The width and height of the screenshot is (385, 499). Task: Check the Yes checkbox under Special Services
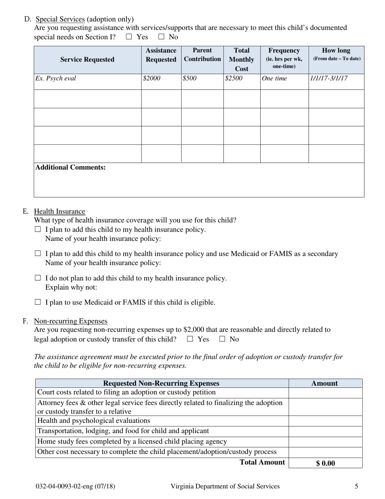pyautogui.click(x=129, y=37)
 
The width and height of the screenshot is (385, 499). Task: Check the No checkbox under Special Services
pyautogui.click(x=161, y=37)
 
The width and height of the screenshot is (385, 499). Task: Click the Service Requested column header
pyautogui.click(x=87, y=60)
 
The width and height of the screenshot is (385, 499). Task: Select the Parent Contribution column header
pyautogui.click(x=202, y=55)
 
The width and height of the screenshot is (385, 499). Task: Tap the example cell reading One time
pyautogui.click(x=274, y=78)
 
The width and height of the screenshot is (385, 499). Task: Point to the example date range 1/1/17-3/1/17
pyautogui.click(x=329, y=78)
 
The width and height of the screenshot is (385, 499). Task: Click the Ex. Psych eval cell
pyautogui.click(x=56, y=78)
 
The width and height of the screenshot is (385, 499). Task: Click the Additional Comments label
pyautogui.click(x=71, y=168)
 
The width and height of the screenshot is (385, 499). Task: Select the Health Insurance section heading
pyautogui.click(x=60, y=211)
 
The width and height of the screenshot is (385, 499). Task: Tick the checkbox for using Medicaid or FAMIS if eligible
pyautogui.click(x=38, y=302)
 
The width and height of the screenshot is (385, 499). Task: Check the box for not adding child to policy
pyautogui.click(x=38, y=278)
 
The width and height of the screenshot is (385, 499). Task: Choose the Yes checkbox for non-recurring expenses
pyautogui.click(x=190, y=339)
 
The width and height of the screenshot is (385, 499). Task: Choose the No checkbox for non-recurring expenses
pyautogui.click(x=222, y=339)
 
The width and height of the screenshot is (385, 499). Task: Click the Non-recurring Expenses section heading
pyautogui.click(x=71, y=321)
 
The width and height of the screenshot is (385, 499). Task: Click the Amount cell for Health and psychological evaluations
pyautogui.click(x=325, y=421)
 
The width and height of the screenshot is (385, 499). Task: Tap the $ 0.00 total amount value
pyautogui.click(x=325, y=463)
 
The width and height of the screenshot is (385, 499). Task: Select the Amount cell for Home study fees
pyautogui.click(x=325, y=442)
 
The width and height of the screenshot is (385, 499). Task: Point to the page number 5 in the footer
pyautogui.click(x=356, y=486)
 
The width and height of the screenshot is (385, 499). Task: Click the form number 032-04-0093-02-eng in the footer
pyautogui.click(x=75, y=486)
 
